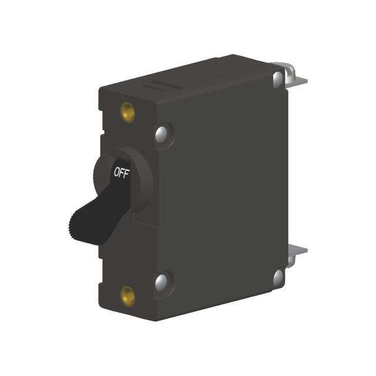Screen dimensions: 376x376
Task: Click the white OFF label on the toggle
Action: [x=122, y=173]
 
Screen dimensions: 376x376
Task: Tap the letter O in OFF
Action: [x=116, y=173]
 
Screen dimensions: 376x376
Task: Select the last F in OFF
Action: [x=127, y=172]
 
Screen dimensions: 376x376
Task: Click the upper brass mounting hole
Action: [x=127, y=112]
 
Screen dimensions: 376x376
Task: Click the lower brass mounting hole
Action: [x=127, y=296]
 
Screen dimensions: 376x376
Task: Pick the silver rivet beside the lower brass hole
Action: [x=162, y=281]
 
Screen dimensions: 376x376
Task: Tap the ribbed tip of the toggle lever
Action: [x=73, y=226]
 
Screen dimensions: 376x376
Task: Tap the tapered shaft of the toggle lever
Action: [x=103, y=203]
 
